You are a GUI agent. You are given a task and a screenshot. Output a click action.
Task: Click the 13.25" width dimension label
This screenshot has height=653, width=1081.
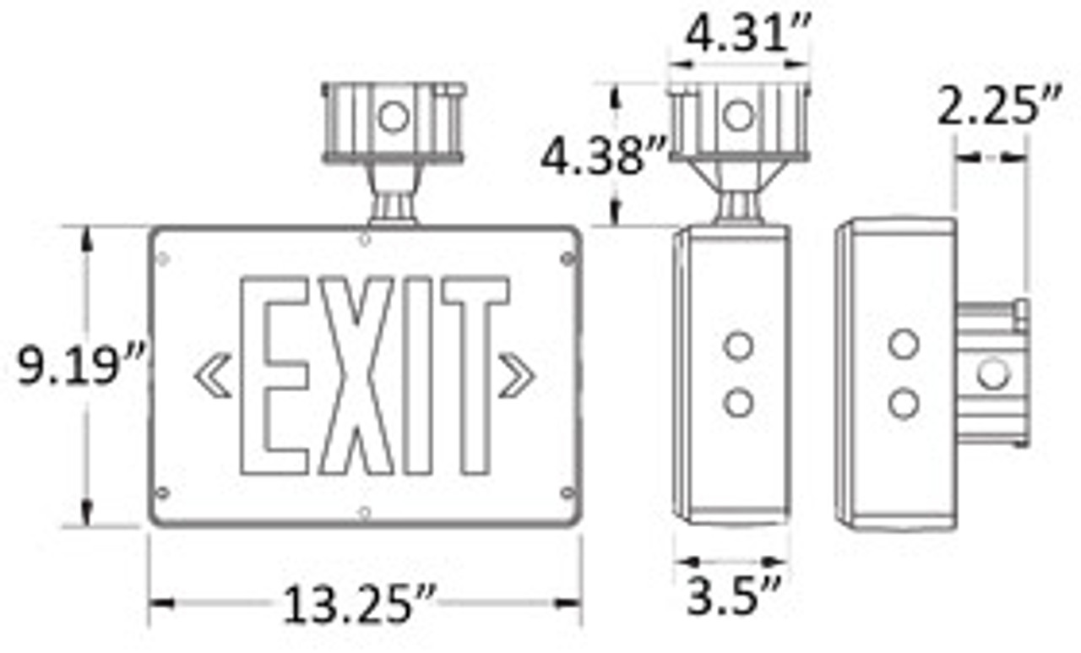click(359, 605)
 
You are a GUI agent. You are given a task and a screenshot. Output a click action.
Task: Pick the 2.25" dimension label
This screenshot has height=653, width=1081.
click(997, 108)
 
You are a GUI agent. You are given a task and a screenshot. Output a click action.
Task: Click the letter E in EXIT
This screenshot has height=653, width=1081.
click(274, 375)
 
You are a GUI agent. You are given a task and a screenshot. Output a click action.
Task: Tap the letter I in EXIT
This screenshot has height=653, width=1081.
click(421, 375)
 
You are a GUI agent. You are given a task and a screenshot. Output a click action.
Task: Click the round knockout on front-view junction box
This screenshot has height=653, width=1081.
click(394, 117)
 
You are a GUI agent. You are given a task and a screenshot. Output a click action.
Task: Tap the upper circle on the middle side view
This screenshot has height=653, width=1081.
click(738, 346)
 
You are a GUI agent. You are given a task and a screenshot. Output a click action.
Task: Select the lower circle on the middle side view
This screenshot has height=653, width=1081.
click(738, 402)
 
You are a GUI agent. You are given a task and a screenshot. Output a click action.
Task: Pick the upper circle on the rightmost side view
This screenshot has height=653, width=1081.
click(904, 344)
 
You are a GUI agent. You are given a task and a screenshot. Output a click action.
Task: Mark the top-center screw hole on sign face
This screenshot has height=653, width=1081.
click(364, 239)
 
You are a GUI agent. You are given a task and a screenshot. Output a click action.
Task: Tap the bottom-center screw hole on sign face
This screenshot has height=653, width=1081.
click(364, 512)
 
